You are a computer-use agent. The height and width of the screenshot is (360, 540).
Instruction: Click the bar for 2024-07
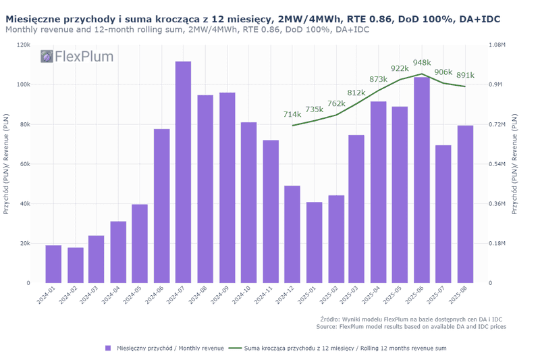pyautogui.click(x=183, y=172)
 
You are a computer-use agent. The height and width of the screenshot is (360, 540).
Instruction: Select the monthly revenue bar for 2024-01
pyautogui.click(x=53, y=264)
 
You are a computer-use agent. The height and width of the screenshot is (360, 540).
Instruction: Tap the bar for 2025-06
pyautogui.click(x=422, y=180)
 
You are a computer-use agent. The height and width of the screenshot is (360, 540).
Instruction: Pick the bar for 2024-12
pyautogui.click(x=292, y=234)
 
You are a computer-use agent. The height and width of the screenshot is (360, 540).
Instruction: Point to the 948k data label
pyautogui.click(x=421, y=62)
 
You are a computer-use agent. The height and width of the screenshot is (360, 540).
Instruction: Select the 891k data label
pyautogui.click(x=465, y=76)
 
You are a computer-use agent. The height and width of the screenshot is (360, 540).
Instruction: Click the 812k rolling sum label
pyautogui.click(x=356, y=92)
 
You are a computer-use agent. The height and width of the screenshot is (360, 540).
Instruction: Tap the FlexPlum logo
pyautogui.click(x=77, y=57)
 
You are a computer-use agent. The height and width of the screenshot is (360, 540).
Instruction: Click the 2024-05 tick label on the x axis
pyautogui.click(x=136, y=298)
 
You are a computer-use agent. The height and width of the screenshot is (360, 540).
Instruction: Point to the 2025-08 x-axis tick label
pyautogui.click(x=460, y=298)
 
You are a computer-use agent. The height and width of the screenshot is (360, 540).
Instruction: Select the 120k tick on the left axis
pyautogui.click(x=24, y=45)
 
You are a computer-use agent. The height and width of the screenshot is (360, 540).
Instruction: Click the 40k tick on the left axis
pyautogui.click(x=25, y=204)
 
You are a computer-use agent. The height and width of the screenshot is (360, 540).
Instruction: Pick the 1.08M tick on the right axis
pyautogui.click(x=496, y=45)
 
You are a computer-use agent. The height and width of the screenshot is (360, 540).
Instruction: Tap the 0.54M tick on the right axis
pyautogui.click(x=496, y=164)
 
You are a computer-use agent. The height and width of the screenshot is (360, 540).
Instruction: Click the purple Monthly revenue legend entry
pyautogui.click(x=165, y=348)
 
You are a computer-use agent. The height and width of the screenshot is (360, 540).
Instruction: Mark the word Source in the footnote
pyautogui.click(x=327, y=326)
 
